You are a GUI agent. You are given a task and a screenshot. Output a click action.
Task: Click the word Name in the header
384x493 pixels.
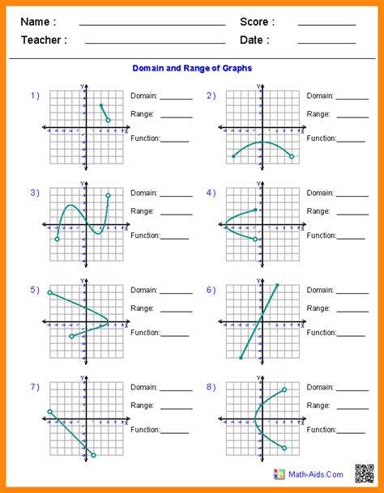(x=38, y=22)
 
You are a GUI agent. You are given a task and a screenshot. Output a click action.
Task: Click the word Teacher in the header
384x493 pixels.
(x=44, y=40)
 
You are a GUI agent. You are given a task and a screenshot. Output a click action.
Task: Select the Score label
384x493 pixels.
(x=257, y=22)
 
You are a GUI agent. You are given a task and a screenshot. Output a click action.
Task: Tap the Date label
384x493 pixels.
(x=254, y=40)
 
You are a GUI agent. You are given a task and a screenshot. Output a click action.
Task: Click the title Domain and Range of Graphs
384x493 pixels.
(x=191, y=68)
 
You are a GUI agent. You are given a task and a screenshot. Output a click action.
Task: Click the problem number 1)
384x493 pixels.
(x=35, y=96)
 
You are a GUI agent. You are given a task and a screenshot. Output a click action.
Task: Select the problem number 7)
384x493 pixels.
(x=35, y=387)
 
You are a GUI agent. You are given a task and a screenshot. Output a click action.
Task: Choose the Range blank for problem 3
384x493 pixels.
(x=177, y=215)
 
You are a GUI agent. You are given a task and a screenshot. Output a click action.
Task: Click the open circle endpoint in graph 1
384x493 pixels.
(x=109, y=121)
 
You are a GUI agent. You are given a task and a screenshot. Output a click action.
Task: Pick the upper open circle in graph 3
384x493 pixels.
(x=109, y=196)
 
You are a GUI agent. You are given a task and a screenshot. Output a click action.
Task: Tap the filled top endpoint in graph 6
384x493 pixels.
(x=278, y=285)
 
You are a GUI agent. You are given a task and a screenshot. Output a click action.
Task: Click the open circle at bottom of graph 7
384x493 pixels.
(x=94, y=455)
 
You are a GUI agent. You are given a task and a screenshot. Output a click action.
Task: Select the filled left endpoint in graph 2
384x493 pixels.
(x=233, y=156)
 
